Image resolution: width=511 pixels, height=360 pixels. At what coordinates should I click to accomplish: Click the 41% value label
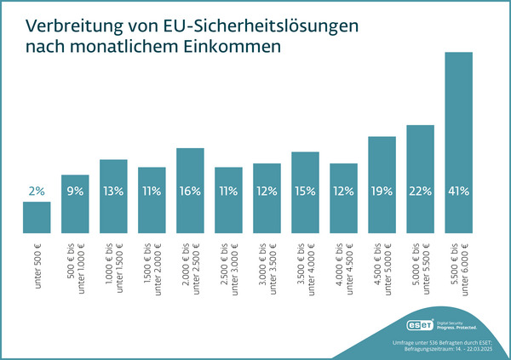pos(459,191)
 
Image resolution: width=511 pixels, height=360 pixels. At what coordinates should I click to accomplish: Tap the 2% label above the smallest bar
pos(37,191)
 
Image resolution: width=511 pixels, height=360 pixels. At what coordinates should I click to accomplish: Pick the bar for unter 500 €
pos(37,217)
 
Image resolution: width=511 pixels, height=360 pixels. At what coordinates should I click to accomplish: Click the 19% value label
pos(382,191)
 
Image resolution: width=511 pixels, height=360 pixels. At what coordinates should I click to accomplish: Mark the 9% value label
pos(75,191)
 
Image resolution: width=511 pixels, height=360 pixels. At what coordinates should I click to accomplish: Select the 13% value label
pos(113,191)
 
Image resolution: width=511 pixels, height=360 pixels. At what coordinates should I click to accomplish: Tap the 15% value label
pos(305,191)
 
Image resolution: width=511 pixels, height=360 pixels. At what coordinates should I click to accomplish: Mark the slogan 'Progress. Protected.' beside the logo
pos(456,328)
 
